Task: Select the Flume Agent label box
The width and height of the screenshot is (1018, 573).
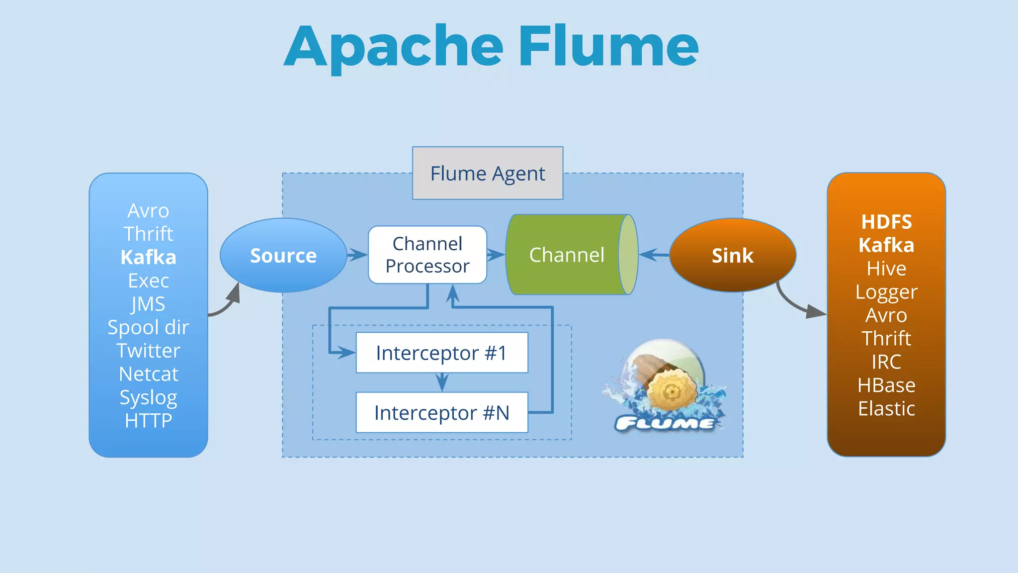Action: tap(487, 173)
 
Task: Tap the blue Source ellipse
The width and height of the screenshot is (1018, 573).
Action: tap(283, 255)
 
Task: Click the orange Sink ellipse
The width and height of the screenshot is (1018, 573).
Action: tap(732, 255)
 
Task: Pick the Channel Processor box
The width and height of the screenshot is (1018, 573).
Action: tap(427, 255)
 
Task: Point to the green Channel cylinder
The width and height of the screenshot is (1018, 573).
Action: tap(567, 255)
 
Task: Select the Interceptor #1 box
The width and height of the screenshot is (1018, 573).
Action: tap(441, 353)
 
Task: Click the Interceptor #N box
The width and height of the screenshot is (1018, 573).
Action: tap(441, 412)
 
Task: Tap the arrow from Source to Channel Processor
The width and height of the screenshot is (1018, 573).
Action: tap(357, 255)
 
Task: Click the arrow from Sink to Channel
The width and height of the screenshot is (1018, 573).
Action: tap(654, 255)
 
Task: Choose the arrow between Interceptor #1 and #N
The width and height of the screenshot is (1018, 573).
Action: tap(442, 382)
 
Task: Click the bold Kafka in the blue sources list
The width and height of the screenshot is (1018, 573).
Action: tap(148, 257)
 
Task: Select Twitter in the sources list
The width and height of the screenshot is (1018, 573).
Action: tap(148, 351)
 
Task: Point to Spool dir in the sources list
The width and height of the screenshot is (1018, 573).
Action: tap(148, 327)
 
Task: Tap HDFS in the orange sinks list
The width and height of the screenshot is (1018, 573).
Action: tap(886, 222)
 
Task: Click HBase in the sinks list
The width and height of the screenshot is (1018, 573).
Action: tap(886, 385)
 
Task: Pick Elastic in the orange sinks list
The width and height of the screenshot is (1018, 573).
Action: tap(886, 408)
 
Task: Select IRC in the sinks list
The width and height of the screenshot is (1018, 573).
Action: tap(886, 362)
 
